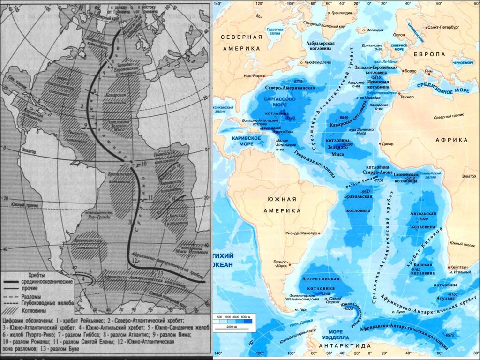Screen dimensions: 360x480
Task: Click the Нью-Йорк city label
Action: pyautogui.click(x=253, y=75)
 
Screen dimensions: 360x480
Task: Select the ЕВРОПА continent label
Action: pyautogui.click(x=430, y=54)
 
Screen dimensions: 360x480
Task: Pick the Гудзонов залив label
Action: pyautogui.click(x=274, y=31)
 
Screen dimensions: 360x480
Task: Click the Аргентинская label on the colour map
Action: pyautogui.click(x=322, y=279)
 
